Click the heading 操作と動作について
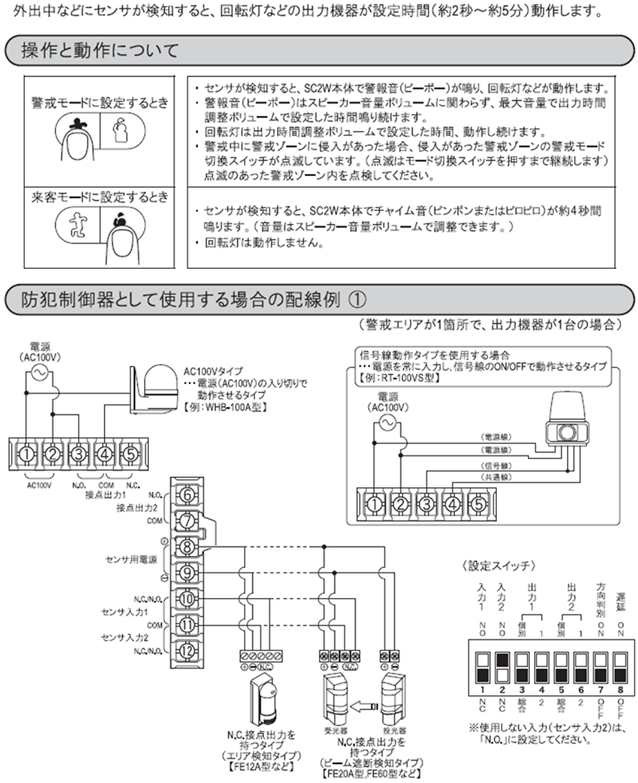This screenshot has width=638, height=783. [x=100, y=50]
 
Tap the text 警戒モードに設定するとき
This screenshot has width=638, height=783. [x=100, y=103]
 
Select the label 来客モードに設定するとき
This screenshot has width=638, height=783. [x=100, y=197]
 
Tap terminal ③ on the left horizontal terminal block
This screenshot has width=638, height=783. [x=78, y=454]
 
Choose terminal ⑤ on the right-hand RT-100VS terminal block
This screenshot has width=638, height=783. [x=478, y=504]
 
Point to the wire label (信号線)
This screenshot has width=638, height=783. [x=497, y=465]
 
